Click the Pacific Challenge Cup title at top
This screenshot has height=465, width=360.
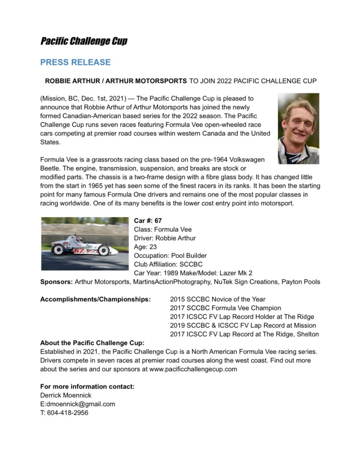(x=84, y=42)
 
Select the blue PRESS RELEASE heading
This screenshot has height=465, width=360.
(x=75, y=62)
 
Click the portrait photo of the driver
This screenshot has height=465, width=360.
(x=298, y=129)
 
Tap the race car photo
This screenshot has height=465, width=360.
(x=85, y=243)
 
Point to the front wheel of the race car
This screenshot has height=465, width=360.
(x=104, y=250)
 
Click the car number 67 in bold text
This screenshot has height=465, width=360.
(x=158, y=221)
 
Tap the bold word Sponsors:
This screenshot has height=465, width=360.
(x=56, y=282)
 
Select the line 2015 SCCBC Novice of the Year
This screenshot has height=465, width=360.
(x=217, y=299)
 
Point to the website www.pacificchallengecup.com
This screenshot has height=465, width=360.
(x=193, y=369)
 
